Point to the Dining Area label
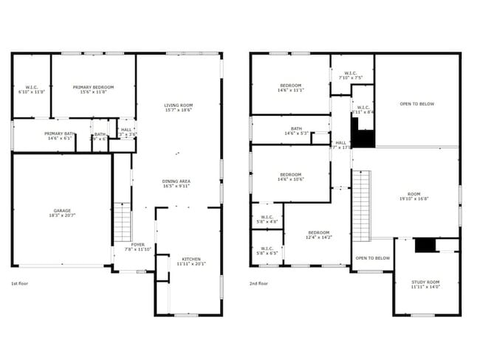click(x=177, y=183)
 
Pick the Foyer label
click(x=138, y=246)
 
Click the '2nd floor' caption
click(x=259, y=284)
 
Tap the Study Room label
click(x=425, y=284)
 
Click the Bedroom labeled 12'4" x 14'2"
click(x=319, y=235)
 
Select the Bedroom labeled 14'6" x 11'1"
click(x=291, y=87)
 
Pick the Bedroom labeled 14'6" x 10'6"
click(x=291, y=176)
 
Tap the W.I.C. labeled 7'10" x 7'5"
click(x=350, y=75)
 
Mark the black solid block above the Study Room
click(x=424, y=245)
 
